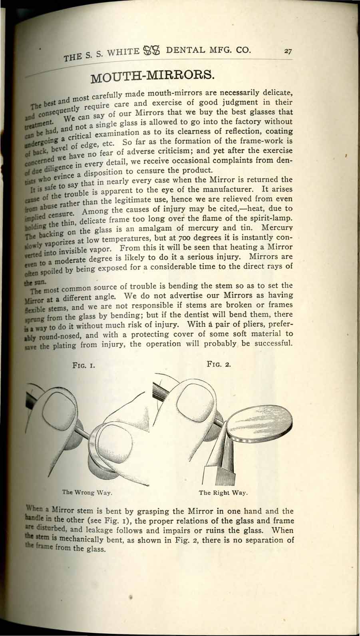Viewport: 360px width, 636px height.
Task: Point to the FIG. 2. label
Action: click(218, 364)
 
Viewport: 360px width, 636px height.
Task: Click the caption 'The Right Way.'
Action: click(223, 492)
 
